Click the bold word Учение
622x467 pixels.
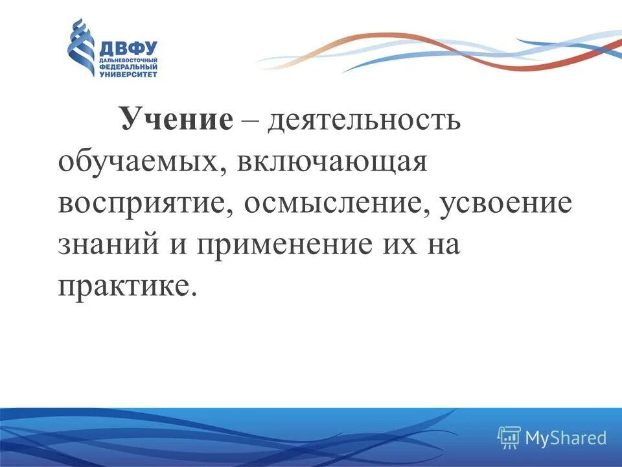tap(175, 121)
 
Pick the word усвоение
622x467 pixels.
tap(506, 203)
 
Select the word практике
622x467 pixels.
tap(126, 285)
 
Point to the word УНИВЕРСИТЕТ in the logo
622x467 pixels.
tap(128, 73)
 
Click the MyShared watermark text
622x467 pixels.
tap(566, 438)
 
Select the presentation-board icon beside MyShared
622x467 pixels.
tap(509, 438)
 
